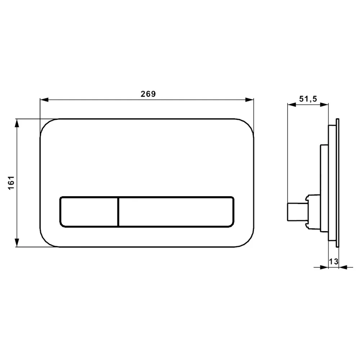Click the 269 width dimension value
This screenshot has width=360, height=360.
[148, 94]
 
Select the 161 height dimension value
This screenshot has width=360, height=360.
[11, 183]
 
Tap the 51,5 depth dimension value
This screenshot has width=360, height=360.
[308, 99]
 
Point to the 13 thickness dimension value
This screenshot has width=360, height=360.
[334, 261]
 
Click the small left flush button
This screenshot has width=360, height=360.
[89, 212]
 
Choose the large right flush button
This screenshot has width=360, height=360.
[176, 212]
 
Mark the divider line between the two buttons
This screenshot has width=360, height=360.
[118, 212]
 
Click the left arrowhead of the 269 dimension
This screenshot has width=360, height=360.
[44, 100]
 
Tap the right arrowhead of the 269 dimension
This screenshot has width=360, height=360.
[249, 100]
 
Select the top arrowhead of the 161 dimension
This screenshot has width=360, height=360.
[17, 123]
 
